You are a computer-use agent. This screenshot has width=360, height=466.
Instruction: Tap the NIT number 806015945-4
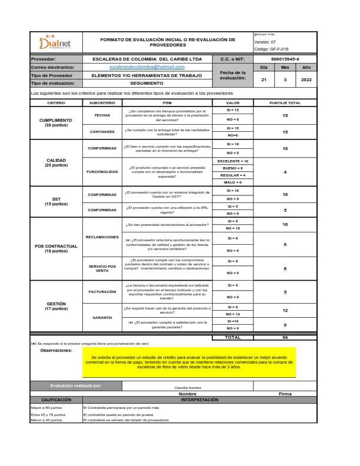285,59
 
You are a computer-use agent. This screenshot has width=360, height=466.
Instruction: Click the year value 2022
306,79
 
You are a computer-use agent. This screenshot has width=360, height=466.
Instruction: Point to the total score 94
285,337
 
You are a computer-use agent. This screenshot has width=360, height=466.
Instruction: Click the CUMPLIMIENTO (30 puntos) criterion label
56,122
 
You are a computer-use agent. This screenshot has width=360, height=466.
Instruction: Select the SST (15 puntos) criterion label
56,201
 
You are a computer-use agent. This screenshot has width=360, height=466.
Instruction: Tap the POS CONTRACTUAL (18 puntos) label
56,248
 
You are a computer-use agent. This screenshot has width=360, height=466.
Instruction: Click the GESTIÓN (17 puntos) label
56,306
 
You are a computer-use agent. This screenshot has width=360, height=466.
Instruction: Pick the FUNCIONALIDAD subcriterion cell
103,172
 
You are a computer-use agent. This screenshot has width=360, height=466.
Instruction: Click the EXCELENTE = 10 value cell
233,161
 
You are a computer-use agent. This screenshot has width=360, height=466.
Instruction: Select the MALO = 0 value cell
233,182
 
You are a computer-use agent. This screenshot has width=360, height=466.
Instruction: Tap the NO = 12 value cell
233,314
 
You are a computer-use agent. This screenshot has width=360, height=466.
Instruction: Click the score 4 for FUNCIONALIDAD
285,172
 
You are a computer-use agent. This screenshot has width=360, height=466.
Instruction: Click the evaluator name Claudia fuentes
188,388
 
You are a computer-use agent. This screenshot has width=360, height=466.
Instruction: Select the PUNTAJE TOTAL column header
285,103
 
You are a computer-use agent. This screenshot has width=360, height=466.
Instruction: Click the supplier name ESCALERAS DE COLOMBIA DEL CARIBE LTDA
147,59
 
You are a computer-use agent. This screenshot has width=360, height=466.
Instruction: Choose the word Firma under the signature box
285,394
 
